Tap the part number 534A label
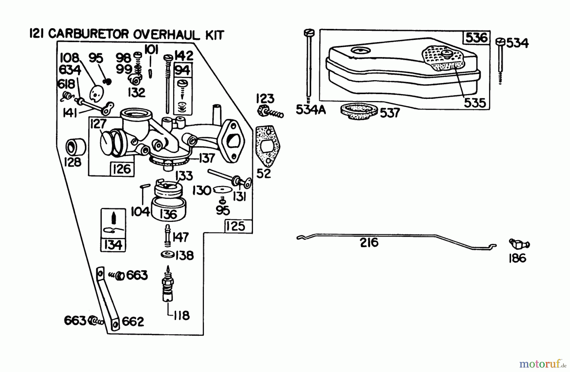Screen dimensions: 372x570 tap(311, 110)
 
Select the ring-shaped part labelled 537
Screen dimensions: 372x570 tap(359, 112)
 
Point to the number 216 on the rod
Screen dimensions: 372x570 tap(369, 243)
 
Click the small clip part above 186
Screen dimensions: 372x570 tap(519, 244)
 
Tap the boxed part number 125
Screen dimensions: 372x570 tap(236, 226)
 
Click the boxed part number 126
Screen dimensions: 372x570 tap(122, 169)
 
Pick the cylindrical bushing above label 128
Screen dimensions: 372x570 tap(75, 146)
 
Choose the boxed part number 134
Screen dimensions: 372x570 tap(113, 245)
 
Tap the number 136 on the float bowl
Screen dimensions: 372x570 tap(168, 214)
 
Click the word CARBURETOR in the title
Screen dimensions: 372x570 tap(89, 34)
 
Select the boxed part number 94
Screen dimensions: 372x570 tap(183, 70)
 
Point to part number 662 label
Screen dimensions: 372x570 tap(133, 322)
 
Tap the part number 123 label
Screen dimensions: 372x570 tap(265, 99)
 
